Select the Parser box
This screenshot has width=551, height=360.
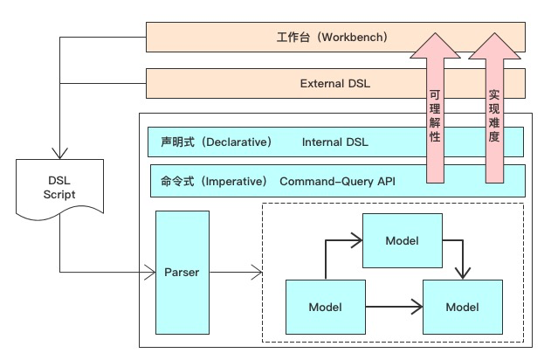182,272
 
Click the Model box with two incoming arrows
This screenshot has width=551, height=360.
463,307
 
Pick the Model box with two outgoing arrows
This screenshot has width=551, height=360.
326,307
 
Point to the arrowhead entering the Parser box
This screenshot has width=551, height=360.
148,273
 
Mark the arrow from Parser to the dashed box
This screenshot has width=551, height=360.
236,273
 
